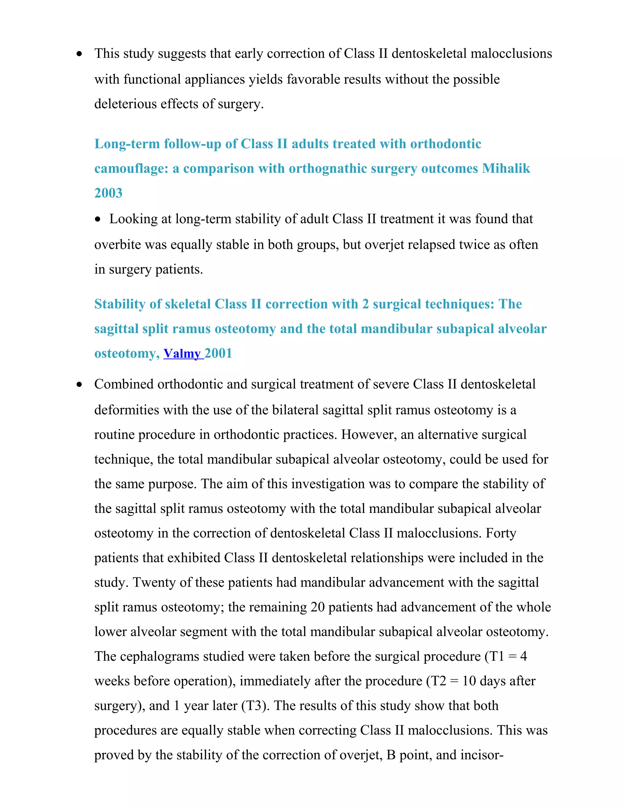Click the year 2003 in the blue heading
pos(108,193)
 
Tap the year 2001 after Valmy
pos(219,354)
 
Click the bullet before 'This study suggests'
pos(79,54)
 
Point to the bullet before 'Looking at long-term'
pos(97,220)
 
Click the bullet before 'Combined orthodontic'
pos(79,385)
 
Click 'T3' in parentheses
pos(253,706)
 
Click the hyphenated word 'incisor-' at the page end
pos(482,755)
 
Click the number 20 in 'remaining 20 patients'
pos(317,607)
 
